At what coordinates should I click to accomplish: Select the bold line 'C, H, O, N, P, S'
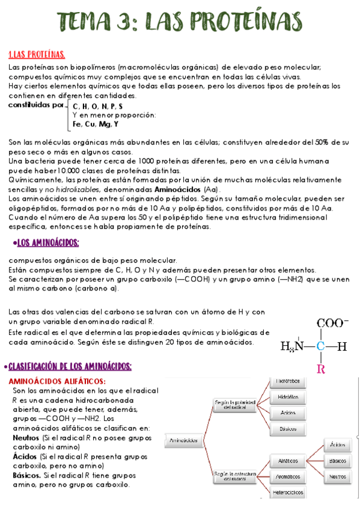[89, 106]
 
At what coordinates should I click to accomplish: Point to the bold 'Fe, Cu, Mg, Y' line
[96, 124]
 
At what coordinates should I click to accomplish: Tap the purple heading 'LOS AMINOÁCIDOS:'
[48, 243]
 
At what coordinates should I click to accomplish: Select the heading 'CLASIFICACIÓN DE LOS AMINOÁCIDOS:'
[70, 367]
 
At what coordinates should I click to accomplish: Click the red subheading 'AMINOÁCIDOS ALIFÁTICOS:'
[58, 381]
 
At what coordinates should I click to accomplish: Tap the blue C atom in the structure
[321, 346]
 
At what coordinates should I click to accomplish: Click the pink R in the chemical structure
[321, 367]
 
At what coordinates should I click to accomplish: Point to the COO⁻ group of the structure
[332, 323]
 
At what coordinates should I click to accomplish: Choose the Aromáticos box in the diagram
[288, 476]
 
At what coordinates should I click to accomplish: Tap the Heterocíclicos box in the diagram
[288, 492]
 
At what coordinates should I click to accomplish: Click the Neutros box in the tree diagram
[337, 476]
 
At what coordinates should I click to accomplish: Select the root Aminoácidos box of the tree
[184, 440]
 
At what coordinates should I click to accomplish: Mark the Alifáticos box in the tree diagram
[288, 461]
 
